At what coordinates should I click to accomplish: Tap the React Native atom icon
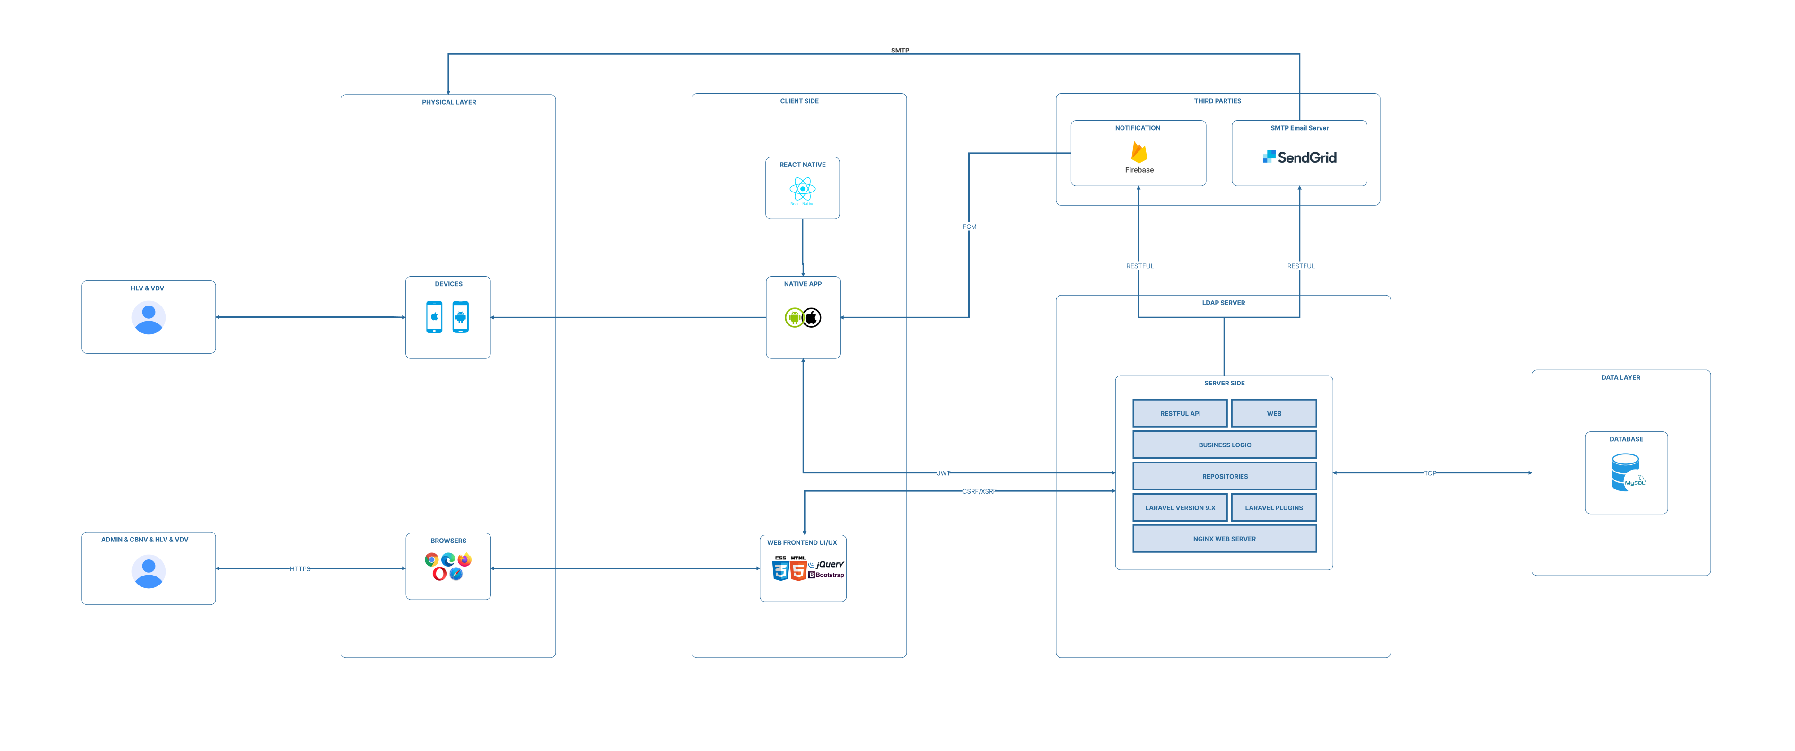(x=803, y=189)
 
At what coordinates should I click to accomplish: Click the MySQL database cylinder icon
(x=1626, y=472)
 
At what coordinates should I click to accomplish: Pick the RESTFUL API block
(x=1180, y=413)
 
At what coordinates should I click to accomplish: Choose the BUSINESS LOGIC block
(x=1224, y=445)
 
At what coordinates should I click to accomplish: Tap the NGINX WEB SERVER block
(x=1224, y=539)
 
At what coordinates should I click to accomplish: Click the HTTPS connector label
(x=299, y=568)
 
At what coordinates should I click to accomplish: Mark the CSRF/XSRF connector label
(x=978, y=491)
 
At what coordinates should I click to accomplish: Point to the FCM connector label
(x=969, y=227)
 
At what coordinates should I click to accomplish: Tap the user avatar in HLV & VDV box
(x=149, y=318)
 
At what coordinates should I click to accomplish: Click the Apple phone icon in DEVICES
(x=434, y=317)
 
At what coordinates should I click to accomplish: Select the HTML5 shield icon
(x=798, y=570)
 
